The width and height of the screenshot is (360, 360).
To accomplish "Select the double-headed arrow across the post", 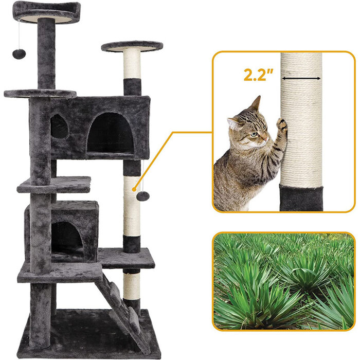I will [301, 78].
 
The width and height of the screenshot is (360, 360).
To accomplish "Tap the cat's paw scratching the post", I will [281, 123].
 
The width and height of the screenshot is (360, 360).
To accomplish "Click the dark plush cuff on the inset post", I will [301, 197].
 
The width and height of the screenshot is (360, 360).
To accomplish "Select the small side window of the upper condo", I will [59, 127].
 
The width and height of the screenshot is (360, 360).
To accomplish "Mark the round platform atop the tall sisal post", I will [132, 47].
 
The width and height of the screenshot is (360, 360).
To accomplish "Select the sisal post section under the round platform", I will [131, 64].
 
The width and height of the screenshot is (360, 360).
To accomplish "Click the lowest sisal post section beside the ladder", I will [132, 286].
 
